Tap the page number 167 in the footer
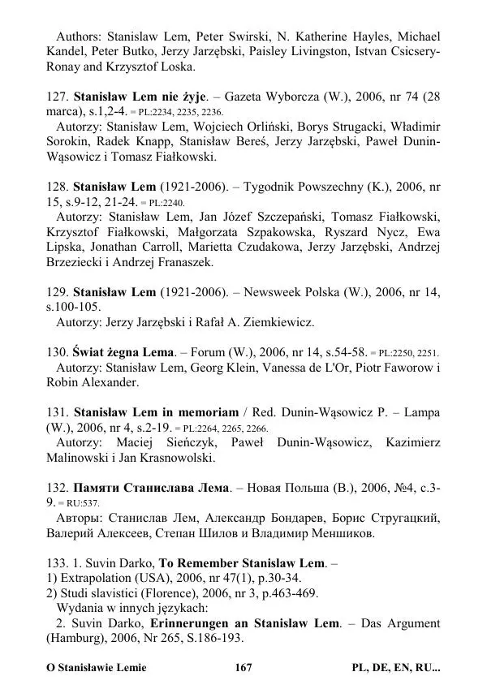tap(243, 668)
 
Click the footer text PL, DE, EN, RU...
tap(396, 668)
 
